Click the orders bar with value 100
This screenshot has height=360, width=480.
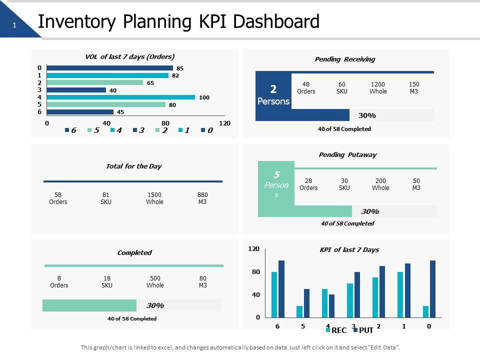click(x=121, y=97)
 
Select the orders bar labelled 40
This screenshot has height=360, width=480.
click(x=76, y=90)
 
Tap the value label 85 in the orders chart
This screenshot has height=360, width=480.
click(x=180, y=68)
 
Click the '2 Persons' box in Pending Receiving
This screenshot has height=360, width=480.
click(x=273, y=95)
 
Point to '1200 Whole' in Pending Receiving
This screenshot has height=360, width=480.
click(x=378, y=88)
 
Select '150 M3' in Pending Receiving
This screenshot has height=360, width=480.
click(x=414, y=88)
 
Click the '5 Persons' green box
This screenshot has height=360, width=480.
click(x=276, y=184)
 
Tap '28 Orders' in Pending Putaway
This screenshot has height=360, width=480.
click(x=308, y=184)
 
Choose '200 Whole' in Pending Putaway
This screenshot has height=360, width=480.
click(x=380, y=184)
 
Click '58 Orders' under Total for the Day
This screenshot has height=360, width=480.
click(x=58, y=198)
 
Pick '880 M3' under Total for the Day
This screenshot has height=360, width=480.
click(x=202, y=198)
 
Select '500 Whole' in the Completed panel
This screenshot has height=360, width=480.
click(x=155, y=281)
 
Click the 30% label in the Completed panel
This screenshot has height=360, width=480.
click(x=155, y=305)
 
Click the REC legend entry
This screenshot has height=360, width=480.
click(x=335, y=330)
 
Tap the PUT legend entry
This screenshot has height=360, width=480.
click(x=363, y=330)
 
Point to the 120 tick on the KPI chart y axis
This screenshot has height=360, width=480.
click(x=254, y=248)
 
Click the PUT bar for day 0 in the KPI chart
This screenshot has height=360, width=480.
click(x=432, y=289)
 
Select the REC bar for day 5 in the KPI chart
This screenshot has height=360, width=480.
click(x=299, y=311)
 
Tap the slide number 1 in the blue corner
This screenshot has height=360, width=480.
click(x=14, y=25)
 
